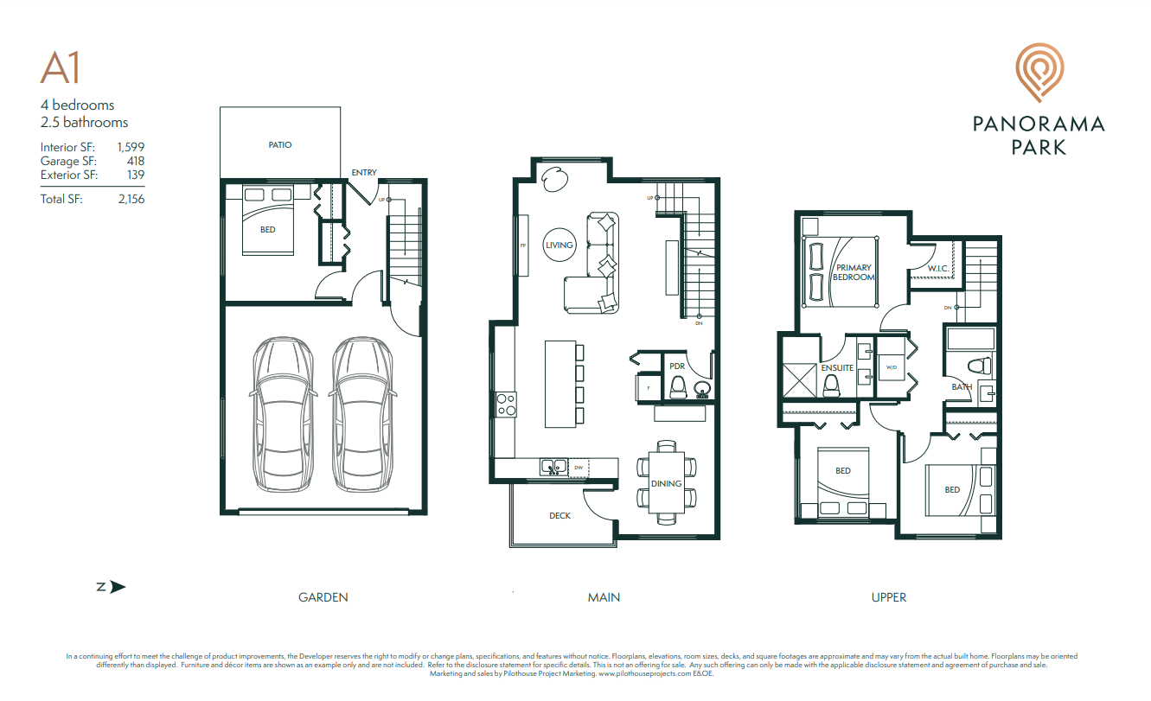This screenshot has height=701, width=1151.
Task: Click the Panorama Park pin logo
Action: (x=1038, y=73)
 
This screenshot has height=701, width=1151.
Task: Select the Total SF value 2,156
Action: (x=131, y=199)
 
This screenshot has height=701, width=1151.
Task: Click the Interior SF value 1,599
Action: (x=131, y=148)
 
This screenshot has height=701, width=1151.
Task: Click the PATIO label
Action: (x=279, y=145)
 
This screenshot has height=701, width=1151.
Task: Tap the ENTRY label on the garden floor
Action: (x=364, y=173)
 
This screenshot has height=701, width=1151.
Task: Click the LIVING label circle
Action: (x=560, y=245)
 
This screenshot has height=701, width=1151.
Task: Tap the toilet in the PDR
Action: (x=678, y=389)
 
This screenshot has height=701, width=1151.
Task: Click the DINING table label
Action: (x=667, y=483)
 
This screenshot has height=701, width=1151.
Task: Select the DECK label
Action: (x=560, y=516)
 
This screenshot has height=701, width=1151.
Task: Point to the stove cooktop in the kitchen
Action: (x=506, y=404)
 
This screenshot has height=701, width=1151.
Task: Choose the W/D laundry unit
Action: (x=890, y=367)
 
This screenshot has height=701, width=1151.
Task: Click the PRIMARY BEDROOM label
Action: (x=853, y=272)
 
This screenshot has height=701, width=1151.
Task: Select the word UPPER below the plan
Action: (x=889, y=597)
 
